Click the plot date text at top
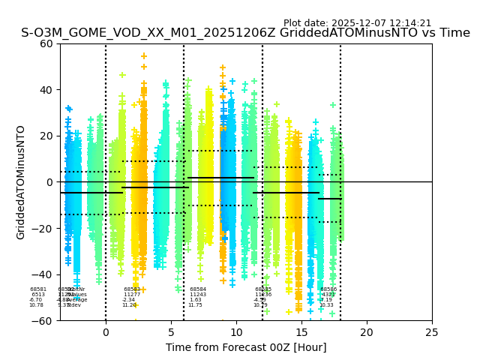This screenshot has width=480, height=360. coord(357,23)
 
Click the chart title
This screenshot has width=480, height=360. coord(245,33)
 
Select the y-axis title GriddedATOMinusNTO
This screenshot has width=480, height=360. coord(21,182)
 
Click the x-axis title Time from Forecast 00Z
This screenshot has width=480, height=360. coord(246,347)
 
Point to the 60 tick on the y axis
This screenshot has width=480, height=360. coord(47,43)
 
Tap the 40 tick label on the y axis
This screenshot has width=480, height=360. coord(47,90)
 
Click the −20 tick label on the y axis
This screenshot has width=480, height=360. coord(44,229)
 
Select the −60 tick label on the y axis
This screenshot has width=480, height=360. coord(44,321)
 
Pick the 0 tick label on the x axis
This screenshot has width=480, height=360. coord(106,332)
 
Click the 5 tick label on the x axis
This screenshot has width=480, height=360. coord(171,332)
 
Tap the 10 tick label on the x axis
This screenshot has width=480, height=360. coord(236,332)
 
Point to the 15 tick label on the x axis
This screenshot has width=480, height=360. coord(301,332)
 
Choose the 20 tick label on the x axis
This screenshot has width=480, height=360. coord(367,332)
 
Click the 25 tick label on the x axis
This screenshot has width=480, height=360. coord(432,332)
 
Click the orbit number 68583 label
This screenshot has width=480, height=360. coord(132,289)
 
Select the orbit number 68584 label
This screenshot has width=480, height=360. coord(198,289)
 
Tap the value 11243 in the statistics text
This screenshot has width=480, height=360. coord(198,295)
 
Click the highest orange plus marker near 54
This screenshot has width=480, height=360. coord(144,56)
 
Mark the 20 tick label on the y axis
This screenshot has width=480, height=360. coord(47,136)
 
